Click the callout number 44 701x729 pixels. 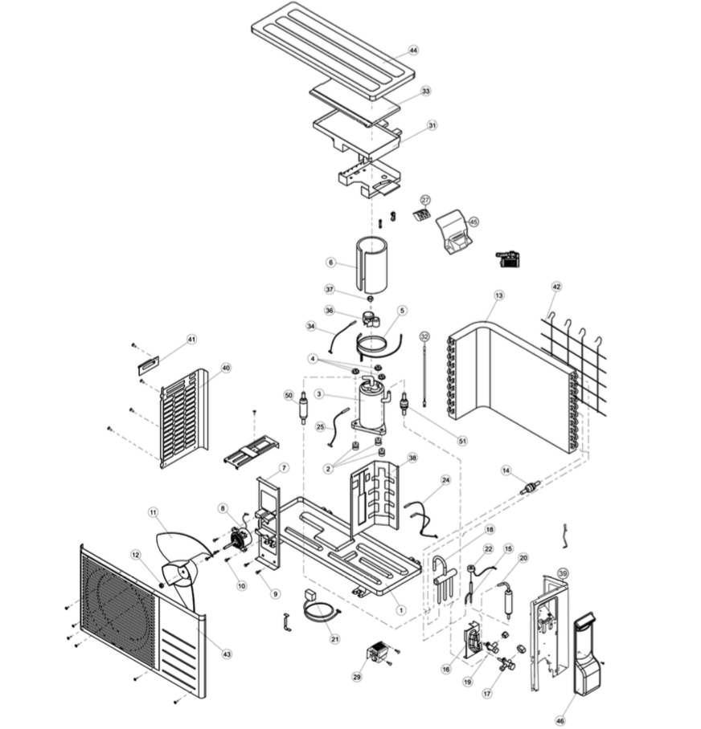pyautogui.click(x=413, y=50)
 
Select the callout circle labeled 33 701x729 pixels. pyautogui.click(x=425, y=92)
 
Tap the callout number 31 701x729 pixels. pyautogui.click(x=432, y=125)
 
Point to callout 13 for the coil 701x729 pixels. pyautogui.click(x=498, y=296)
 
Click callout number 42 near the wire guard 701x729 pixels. pyautogui.click(x=556, y=287)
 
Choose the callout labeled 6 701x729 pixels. pyautogui.click(x=330, y=263)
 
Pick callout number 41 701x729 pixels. pyautogui.click(x=191, y=340)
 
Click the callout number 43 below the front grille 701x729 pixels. pyautogui.click(x=227, y=655)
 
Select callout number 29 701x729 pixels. pyautogui.click(x=356, y=677)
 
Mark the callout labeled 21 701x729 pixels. pyautogui.click(x=335, y=638)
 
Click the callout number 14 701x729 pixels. pyautogui.click(x=506, y=470)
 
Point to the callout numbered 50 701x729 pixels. pyautogui.click(x=289, y=396)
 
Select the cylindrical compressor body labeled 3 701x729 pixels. pyautogui.click(x=371, y=405)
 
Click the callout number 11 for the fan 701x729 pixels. pyautogui.click(x=154, y=511)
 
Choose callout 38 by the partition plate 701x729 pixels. pyautogui.click(x=412, y=458)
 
